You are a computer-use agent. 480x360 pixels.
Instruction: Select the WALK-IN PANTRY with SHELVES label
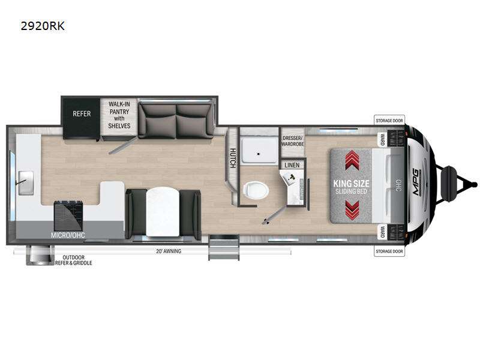(x=119, y=114)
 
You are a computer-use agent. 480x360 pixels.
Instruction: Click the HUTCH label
(x=232, y=158)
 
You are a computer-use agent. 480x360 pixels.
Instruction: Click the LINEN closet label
(x=292, y=164)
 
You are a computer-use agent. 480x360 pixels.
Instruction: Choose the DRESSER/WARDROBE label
(x=292, y=139)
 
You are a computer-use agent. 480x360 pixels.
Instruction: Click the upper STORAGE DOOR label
(x=389, y=120)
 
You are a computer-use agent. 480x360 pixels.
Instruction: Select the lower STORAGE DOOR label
(x=389, y=251)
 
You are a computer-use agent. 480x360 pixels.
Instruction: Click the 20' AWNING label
(x=168, y=251)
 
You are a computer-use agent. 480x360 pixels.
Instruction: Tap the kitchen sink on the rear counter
(x=26, y=178)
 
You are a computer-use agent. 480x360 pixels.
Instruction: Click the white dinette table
(x=162, y=210)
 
